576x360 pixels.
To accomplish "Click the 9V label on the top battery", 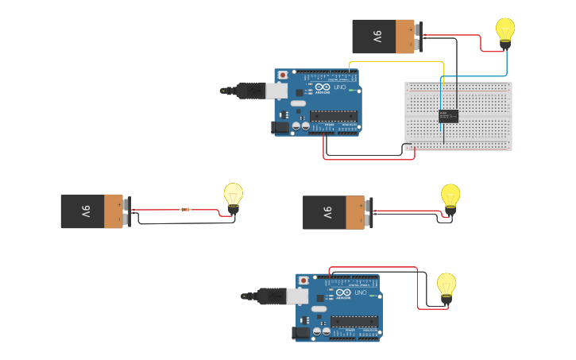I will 378,37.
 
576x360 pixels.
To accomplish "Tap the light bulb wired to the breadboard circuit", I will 505,32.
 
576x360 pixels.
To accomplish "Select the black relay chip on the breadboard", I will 450,116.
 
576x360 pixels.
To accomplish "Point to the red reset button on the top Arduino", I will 282,75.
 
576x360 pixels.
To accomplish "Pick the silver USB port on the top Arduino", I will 276,91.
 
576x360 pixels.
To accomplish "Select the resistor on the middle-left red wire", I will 185,210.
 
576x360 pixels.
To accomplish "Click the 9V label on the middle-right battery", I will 327,213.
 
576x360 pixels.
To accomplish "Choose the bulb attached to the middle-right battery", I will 450,197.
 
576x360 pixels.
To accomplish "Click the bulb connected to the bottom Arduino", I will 446,287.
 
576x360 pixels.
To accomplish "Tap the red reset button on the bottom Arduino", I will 303,280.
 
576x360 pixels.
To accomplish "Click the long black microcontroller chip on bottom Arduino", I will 354,321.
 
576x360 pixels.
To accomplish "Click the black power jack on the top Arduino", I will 280,126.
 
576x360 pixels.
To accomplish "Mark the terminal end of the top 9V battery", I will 418,37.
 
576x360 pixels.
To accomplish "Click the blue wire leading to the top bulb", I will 477,76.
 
